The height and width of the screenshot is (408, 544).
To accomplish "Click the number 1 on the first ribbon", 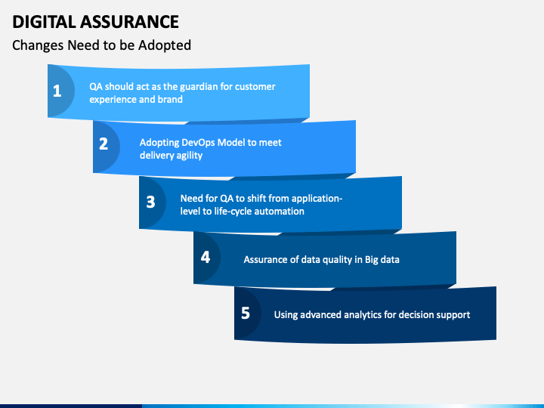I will (57, 91).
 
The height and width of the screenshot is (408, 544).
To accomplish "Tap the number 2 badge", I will (104, 144).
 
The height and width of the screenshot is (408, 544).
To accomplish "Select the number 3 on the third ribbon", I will (150, 202).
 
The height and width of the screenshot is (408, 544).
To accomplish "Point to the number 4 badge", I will (205, 256).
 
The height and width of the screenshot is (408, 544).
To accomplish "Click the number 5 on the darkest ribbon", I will (246, 312).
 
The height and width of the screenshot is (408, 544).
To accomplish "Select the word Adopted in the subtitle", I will (165, 45).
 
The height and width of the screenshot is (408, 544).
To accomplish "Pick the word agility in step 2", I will (187, 155).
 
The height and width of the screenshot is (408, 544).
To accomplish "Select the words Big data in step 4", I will (382, 259).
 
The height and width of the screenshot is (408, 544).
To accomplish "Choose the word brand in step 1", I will (170, 99).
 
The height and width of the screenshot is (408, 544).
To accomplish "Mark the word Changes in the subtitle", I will (38, 45).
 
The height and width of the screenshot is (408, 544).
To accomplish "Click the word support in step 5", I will (453, 314).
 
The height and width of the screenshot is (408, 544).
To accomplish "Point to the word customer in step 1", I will (255, 86).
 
